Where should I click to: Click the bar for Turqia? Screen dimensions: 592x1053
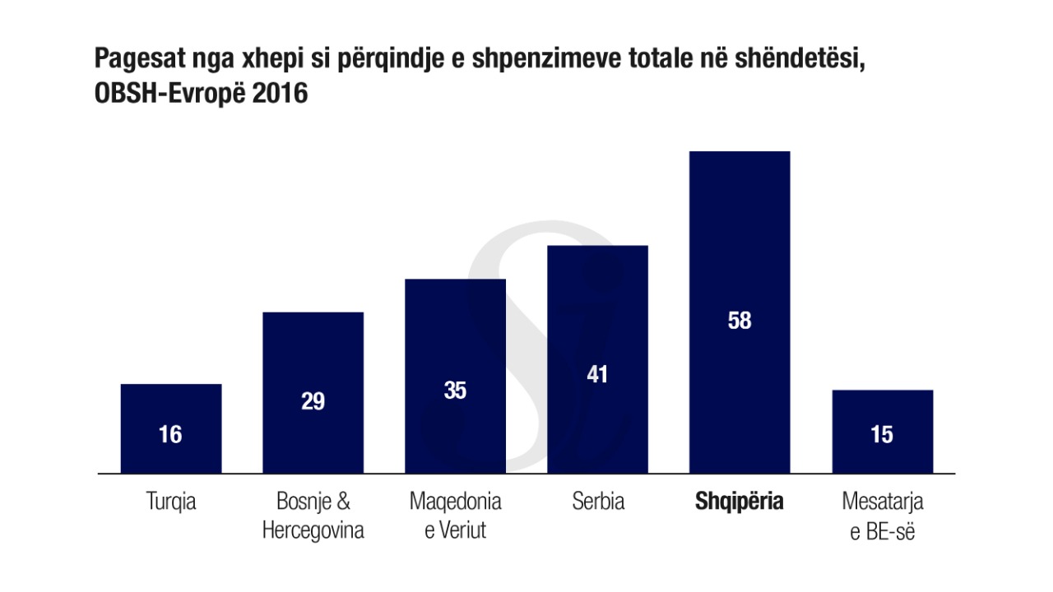170,411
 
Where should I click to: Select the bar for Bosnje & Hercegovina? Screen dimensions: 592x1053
313,362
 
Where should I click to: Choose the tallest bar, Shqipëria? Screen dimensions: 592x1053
740,247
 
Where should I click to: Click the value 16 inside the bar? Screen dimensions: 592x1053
170,434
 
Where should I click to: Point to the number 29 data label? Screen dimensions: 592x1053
313,402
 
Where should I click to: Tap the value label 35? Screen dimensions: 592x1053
455,391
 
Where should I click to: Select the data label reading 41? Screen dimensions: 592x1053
597,375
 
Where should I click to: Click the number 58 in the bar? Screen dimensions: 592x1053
740,321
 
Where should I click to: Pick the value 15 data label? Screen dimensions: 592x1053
882,434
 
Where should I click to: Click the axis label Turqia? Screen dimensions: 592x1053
170,502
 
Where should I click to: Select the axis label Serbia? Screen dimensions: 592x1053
598,502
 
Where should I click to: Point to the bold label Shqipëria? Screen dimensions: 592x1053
740,502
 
